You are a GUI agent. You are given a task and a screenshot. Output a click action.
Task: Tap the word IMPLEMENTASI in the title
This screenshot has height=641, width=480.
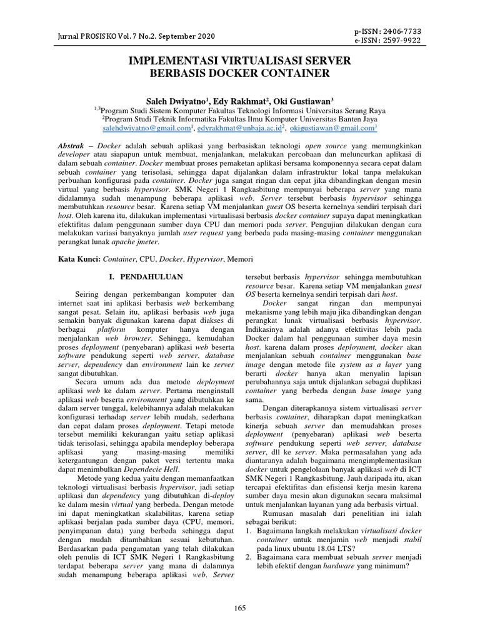click(x=175, y=61)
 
